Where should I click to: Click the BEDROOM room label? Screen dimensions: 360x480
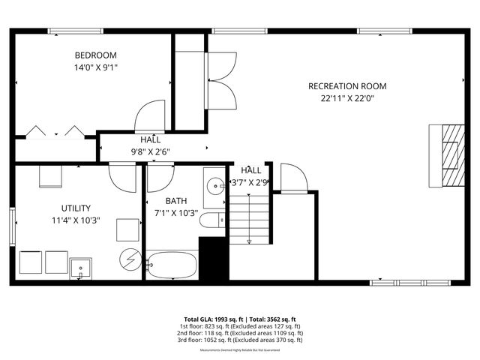95,55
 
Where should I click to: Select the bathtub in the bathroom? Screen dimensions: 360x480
172,265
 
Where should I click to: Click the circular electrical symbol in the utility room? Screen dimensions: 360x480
127,259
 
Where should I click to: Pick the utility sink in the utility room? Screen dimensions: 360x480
80,267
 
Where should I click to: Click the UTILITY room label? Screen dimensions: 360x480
76,208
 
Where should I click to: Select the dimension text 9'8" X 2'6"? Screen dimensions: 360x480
150,151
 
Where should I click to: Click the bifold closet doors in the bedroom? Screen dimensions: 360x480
55,132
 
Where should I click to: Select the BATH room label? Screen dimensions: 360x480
176,201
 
